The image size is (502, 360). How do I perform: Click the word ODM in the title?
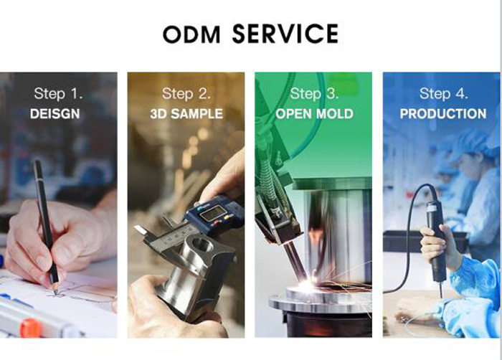191,34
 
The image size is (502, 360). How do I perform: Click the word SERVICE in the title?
285,34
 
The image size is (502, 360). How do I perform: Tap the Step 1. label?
58,94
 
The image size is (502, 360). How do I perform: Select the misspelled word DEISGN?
55,114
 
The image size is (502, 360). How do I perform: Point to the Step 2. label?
186,94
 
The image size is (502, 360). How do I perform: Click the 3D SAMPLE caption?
186,114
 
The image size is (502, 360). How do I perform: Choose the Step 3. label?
314,94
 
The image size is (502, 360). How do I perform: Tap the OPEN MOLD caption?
314,114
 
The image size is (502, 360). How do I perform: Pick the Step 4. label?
443,94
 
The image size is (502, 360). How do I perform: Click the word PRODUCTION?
443,114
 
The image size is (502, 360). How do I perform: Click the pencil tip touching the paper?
56,293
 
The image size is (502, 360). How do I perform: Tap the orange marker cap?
31,328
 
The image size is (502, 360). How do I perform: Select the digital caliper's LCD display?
212,213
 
